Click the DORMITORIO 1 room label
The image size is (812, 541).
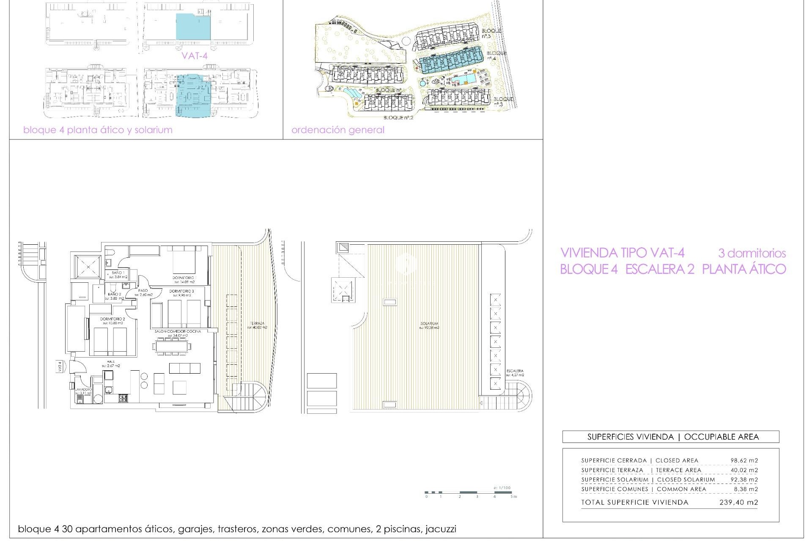[184, 277]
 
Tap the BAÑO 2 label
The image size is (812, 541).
[114, 294]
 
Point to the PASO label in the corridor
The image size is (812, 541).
[143, 290]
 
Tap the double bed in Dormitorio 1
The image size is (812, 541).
[184, 261]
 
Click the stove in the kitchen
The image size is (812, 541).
[123, 398]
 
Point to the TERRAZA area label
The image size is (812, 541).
[257, 323]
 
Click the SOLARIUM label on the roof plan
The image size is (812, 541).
[429, 323]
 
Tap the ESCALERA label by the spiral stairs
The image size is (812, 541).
[515, 371]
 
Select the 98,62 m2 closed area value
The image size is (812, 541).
[744, 461]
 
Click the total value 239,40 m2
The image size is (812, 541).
[738, 503]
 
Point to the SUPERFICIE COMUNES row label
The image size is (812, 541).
[614, 489]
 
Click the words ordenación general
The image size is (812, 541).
[337, 130]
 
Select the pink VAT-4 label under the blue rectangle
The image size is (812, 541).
[195, 55]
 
